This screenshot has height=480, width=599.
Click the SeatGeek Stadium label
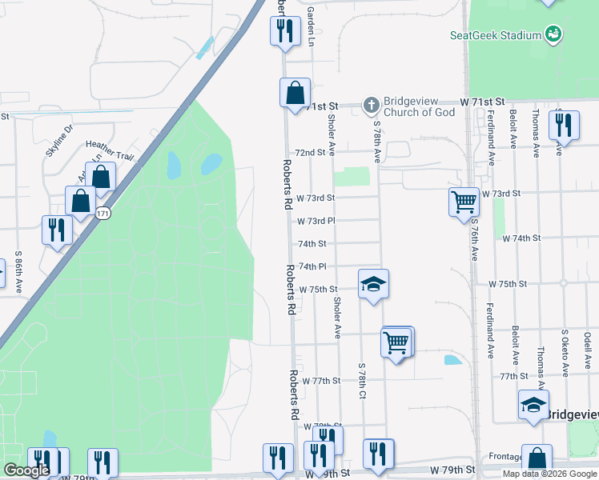tap(494, 34)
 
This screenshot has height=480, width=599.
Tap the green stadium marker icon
tap(553, 34)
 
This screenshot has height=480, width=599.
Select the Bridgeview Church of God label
tap(420, 106)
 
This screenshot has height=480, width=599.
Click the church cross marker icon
tap(371, 105)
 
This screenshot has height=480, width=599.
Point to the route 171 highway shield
tap(102, 214)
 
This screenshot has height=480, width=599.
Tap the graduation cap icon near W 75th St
tap(373, 285)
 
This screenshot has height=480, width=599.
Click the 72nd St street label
tap(311, 152)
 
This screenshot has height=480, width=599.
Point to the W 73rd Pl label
tap(316, 221)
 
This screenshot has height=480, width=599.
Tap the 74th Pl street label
tap(312, 266)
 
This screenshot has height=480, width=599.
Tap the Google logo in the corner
tap(26, 470)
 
